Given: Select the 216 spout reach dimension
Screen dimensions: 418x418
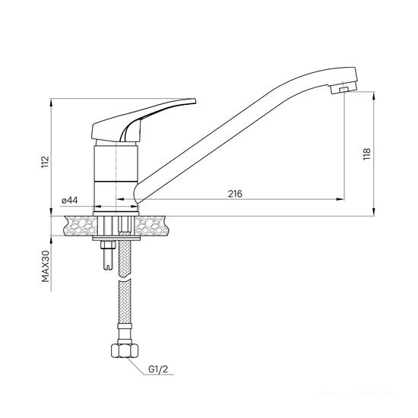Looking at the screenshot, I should tap(234, 194).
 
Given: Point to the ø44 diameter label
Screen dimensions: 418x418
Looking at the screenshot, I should tap(70, 200).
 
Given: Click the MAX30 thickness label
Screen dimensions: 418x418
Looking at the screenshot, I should tap(46, 268).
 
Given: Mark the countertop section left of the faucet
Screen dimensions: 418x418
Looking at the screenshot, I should tap(81, 224).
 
